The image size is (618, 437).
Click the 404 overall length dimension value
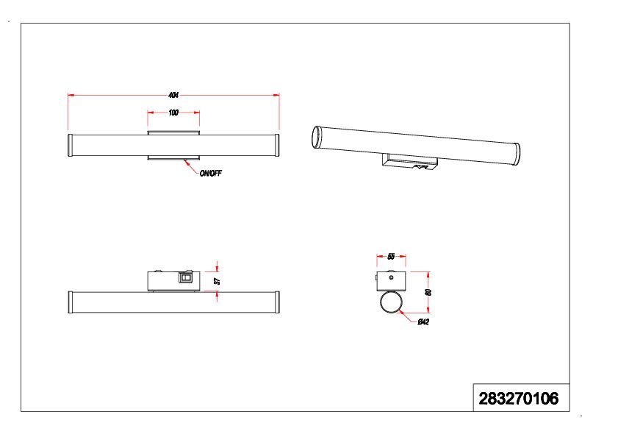point(173,95)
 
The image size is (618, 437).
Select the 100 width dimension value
point(173,113)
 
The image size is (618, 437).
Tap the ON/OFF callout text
point(210,174)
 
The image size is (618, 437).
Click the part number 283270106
point(518,399)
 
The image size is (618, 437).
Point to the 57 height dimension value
point(217,281)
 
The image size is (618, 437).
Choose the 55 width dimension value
point(391,257)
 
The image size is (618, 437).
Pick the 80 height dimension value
point(428,292)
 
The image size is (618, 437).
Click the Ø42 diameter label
point(423,322)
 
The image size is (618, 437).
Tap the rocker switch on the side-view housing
point(184,278)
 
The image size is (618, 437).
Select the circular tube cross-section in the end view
point(391,302)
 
